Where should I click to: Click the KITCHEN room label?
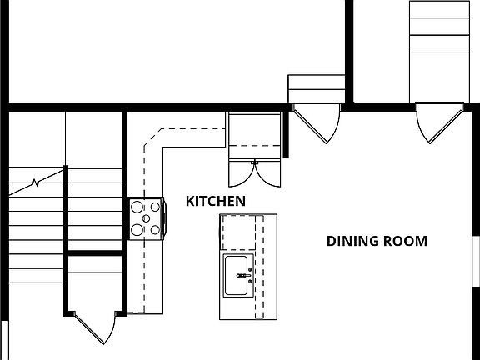tap(215, 201)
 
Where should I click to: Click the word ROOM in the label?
tap(405, 242)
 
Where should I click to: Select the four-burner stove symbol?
tap(146, 218)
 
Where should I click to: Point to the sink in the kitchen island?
tap(238, 276)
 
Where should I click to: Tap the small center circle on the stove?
tap(146, 218)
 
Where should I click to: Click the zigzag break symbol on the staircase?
tap(36, 181)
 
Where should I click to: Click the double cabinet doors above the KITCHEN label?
tap(255, 171)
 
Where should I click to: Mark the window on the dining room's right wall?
tap(476, 262)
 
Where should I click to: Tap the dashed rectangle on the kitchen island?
tap(242, 233)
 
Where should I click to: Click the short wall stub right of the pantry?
tap(286, 133)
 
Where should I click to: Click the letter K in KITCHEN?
tap(190, 201)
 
